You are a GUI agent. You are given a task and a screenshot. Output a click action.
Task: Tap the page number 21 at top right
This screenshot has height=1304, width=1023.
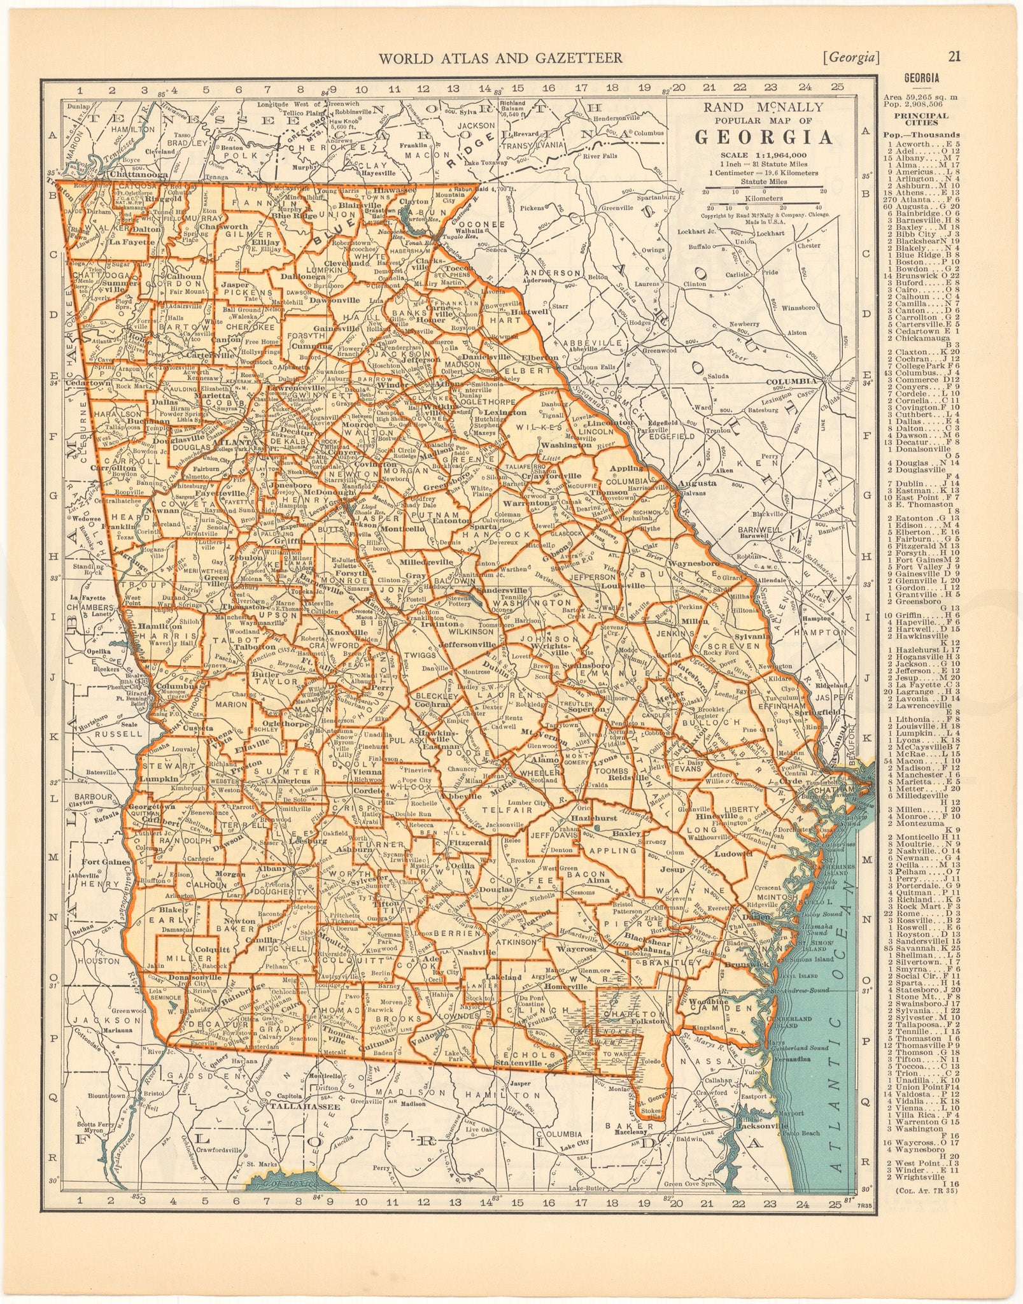click(954, 57)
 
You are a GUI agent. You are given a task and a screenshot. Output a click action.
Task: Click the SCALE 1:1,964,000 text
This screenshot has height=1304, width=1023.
click(763, 155)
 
